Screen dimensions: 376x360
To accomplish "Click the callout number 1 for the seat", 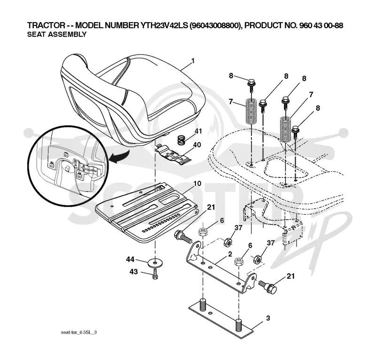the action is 193,61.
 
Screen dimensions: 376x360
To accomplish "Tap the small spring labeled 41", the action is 182,140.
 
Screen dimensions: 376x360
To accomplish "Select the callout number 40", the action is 197,145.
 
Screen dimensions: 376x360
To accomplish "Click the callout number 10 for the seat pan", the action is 197,184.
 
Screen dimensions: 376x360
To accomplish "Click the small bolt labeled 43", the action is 155,274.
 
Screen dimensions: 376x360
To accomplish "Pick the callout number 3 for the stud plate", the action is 268,318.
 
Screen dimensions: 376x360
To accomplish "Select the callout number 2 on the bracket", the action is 230,254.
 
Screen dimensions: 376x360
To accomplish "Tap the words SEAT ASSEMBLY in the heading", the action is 57,34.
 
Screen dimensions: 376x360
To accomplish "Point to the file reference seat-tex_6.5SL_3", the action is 79,333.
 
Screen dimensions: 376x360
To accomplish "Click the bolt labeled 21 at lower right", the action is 267,285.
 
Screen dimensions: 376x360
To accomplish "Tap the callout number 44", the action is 130,259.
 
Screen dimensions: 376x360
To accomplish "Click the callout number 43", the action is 133,272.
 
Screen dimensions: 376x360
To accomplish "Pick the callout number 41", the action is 198,131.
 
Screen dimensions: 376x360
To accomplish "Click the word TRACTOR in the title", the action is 46,25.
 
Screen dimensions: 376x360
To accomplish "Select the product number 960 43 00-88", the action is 321,25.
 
